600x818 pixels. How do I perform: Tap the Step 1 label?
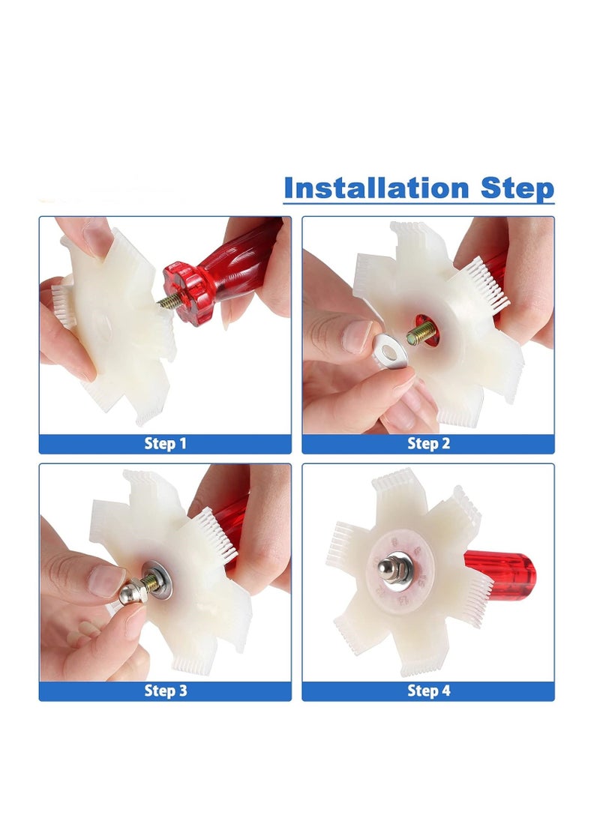(x=165, y=444)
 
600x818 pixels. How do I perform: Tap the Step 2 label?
(x=428, y=444)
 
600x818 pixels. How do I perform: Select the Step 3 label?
(x=165, y=691)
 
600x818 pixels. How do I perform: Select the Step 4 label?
(x=428, y=691)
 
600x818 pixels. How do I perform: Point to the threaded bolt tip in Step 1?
(x=166, y=301)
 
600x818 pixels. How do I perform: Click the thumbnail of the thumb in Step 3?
(x=107, y=580)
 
